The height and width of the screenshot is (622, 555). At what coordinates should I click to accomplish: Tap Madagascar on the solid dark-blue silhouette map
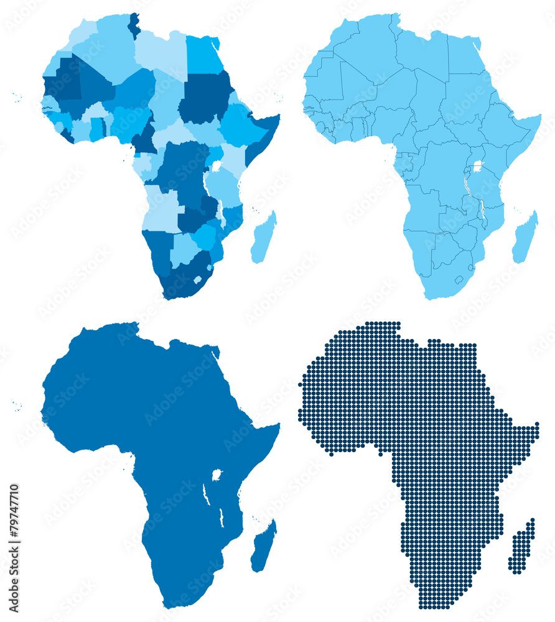coord(263,547)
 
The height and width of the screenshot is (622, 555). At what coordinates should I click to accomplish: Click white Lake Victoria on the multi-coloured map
coord(217,166)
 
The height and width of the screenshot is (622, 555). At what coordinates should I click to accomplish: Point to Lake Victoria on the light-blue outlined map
coord(478,167)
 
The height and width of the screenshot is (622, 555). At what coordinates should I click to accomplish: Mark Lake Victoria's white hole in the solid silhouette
coord(217,475)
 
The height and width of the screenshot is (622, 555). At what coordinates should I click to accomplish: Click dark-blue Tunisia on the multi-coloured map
coord(134,26)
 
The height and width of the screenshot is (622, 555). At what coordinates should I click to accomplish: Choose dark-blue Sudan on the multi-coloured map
coord(204,96)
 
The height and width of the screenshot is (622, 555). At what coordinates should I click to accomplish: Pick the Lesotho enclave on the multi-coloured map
coord(197,280)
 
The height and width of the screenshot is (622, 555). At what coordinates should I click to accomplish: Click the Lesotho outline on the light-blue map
coord(459,280)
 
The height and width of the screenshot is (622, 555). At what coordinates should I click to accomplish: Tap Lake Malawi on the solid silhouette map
coord(221,516)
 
